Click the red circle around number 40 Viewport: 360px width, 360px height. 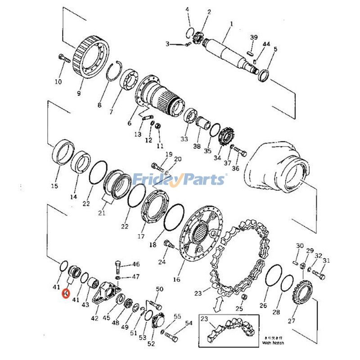point(66,294)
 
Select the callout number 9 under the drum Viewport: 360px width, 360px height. point(79,94)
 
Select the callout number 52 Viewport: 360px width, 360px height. point(151,344)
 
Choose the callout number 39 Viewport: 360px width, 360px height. point(254,37)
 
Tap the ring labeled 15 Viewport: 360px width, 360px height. point(63,153)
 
